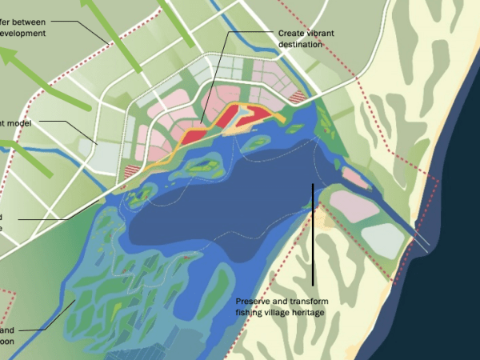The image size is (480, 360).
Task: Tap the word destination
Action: coord(300,45)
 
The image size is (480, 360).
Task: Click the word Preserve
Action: coord(253,302)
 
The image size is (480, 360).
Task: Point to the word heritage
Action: coord(309,312)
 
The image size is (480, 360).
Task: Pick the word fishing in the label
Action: coord(250,312)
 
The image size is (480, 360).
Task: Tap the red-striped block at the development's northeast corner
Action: coord(298,97)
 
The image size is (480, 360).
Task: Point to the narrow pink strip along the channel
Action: coord(357,178)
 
